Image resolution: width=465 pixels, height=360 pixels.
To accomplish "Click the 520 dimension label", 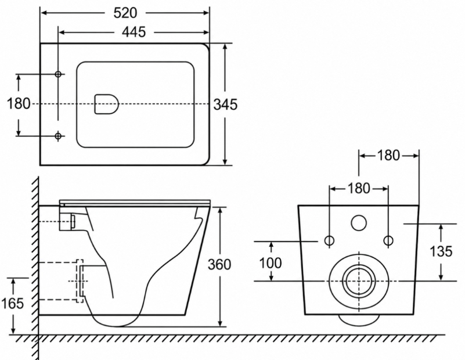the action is pos(125,13).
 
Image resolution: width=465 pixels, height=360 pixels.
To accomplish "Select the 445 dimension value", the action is pos(134,32).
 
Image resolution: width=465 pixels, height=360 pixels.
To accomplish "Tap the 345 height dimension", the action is pos(226,105).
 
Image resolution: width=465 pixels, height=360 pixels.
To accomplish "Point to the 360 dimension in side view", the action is pos(219,265).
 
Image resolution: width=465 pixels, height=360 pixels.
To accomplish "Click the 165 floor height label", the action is pos(12,303).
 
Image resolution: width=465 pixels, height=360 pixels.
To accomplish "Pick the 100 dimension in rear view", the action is pos(270,262).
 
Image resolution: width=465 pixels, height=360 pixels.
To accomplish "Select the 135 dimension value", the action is pos(441,251).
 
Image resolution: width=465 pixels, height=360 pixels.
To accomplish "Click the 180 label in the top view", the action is pos(19,104).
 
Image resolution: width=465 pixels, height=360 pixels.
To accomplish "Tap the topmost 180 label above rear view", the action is pos(388,156).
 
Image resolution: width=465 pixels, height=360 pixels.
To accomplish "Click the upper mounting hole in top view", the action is pos(59,74).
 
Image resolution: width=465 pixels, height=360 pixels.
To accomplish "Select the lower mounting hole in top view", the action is pos(59,136).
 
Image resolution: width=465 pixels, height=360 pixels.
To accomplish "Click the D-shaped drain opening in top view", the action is pos(106,104).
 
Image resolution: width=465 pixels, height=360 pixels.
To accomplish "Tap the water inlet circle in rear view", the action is pos(359,223).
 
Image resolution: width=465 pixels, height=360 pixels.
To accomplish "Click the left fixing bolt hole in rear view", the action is pos(330,241).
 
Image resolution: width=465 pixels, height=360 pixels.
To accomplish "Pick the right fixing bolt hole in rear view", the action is pos(388,241).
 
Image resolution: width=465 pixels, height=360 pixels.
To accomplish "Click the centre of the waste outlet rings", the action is pos(359,281).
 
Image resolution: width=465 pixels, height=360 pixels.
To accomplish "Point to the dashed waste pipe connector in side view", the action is pos(80,281).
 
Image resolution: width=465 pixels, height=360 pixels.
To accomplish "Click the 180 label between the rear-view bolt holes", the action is pos(359,189).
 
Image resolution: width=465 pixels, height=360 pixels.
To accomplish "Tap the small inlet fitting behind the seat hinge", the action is pos(73,222).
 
